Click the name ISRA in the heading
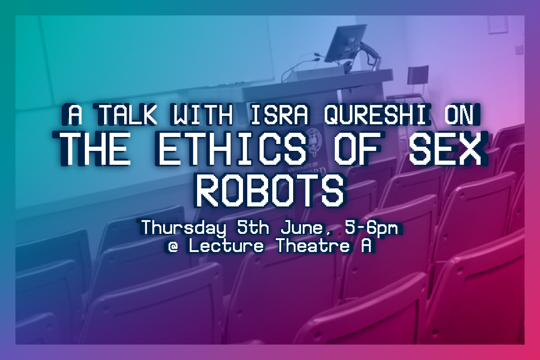[280, 115]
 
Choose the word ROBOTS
[270, 191]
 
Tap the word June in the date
[302, 227]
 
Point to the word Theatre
[313, 245]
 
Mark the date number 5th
[253, 227]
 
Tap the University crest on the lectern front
[315, 141]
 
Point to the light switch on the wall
[519, 49]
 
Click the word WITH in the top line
[202, 115]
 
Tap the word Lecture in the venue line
[226, 245]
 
